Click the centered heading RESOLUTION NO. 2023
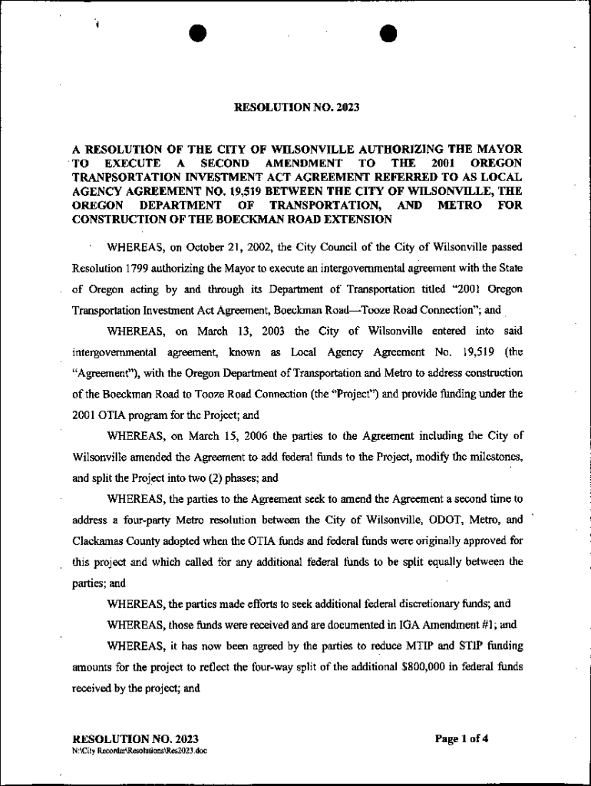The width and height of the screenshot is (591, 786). coord(296,108)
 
